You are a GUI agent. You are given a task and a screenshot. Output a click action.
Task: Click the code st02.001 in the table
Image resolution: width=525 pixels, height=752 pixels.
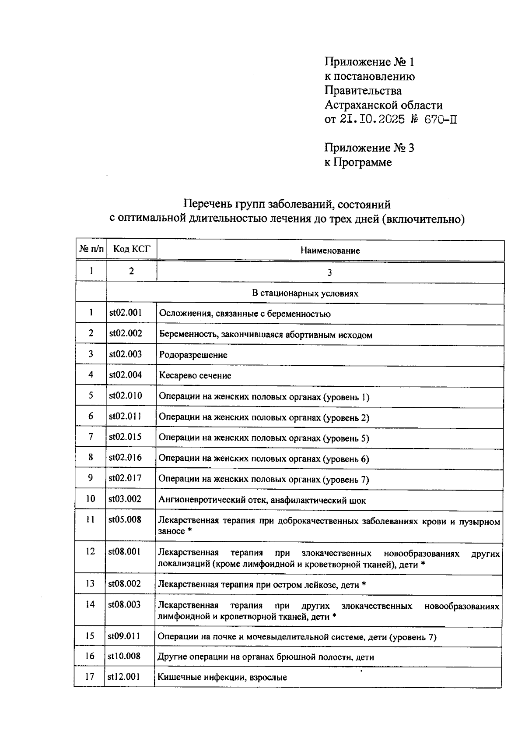pyautogui.click(x=126, y=313)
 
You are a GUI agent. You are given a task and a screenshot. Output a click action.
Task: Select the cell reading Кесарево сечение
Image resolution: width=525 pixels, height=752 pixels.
pyautogui.click(x=195, y=375)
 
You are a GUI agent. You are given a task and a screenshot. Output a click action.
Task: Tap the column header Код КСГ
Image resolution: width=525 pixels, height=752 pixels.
pyautogui.click(x=132, y=249)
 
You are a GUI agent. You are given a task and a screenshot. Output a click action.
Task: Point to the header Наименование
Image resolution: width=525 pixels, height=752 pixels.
pyautogui.click(x=330, y=251)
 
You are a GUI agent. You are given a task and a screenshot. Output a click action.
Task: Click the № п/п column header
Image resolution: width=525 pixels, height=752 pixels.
pyautogui.click(x=91, y=249)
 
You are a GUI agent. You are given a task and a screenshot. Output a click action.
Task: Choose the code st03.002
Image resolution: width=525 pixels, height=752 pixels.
pyautogui.click(x=125, y=499)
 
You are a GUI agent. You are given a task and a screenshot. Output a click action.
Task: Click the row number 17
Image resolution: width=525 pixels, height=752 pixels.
pyautogui.click(x=90, y=677)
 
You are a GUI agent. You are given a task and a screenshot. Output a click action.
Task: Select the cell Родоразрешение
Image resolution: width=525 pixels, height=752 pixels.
pyautogui.click(x=193, y=355)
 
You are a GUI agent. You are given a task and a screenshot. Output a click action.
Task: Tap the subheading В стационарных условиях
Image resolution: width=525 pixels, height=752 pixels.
pyautogui.click(x=305, y=293)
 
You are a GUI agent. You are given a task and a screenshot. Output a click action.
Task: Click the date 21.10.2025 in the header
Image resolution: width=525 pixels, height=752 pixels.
pyautogui.click(x=372, y=119)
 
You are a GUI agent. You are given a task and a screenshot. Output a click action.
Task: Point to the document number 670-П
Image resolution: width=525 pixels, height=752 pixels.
pyautogui.click(x=441, y=119)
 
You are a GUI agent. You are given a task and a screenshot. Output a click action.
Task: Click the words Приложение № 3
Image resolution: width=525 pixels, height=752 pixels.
pyautogui.click(x=369, y=148)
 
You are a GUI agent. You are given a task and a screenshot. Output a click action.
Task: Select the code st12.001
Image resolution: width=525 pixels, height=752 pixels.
pyautogui.click(x=124, y=677)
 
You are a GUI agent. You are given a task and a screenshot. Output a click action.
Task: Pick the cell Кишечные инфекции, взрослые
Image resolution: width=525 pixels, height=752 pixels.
pyautogui.click(x=222, y=677)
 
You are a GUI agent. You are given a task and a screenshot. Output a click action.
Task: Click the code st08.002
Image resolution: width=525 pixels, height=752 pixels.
pyautogui.click(x=124, y=584)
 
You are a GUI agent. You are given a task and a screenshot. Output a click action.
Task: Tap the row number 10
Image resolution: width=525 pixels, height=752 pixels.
pyautogui.click(x=90, y=499)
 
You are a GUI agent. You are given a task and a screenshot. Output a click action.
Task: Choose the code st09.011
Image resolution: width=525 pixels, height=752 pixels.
pyautogui.click(x=124, y=636)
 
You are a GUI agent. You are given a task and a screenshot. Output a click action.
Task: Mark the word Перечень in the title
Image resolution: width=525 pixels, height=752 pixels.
pyautogui.click(x=207, y=204)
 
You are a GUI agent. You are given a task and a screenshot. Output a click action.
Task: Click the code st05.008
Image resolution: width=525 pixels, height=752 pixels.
pyautogui.click(x=125, y=520)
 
